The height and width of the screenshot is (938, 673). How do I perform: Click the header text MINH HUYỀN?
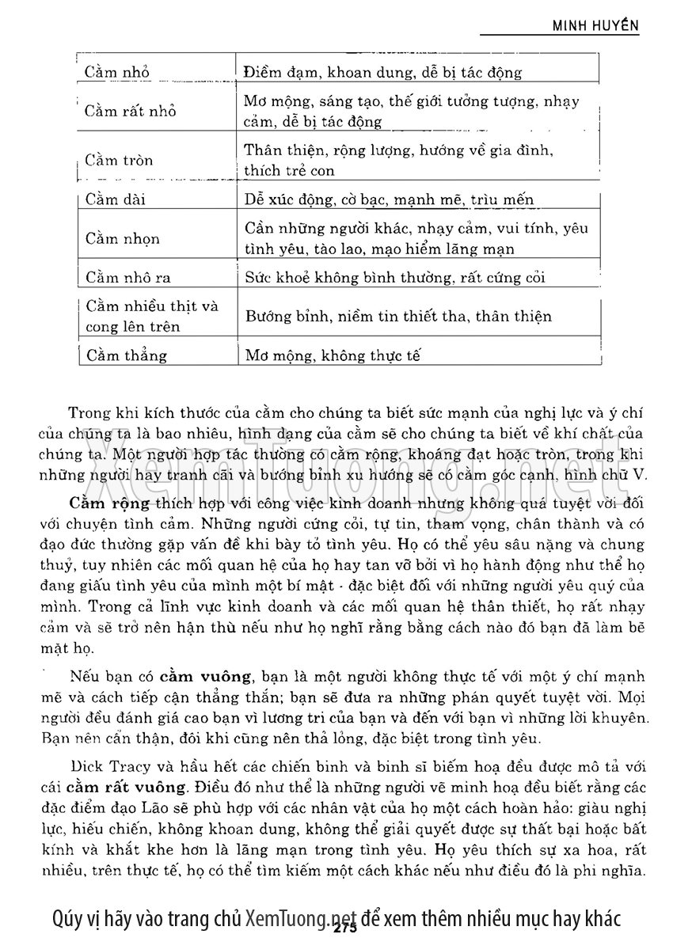(x=595, y=25)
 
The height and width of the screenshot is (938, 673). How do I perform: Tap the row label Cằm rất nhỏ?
(x=131, y=111)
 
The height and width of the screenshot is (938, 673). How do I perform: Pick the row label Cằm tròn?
(x=120, y=160)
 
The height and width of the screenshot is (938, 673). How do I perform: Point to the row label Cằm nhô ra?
(x=128, y=277)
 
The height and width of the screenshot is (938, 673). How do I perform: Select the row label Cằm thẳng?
(x=127, y=355)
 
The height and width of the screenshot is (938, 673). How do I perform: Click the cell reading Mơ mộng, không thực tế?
(x=332, y=355)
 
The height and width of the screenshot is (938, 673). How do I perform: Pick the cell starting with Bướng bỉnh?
(x=398, y=316)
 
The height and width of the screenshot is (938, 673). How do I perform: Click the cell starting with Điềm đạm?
(x=383, y=73)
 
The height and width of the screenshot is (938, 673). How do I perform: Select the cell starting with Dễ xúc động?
(x=390, y=199)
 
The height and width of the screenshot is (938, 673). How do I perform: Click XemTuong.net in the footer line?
(x=302, y=918)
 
